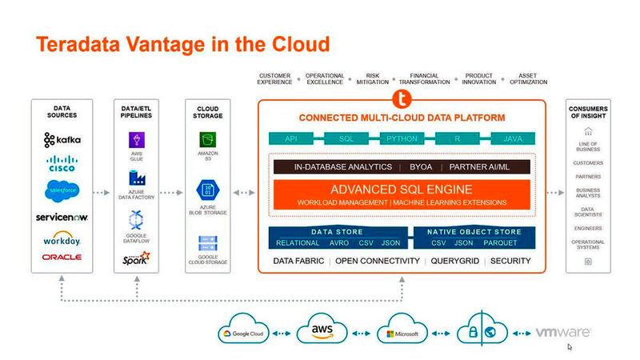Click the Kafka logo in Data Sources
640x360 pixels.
[62, 140]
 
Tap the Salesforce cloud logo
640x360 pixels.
[62, 192]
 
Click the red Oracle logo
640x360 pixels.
[62, 257]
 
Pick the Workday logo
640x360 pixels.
[62, 239]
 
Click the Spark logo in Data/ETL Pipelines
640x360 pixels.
[134, 258]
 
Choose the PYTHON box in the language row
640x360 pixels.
[402, 138]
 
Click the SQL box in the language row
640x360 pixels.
[346, 138]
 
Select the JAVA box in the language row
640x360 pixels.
[512, 138]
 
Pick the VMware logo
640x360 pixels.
[562, 332]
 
